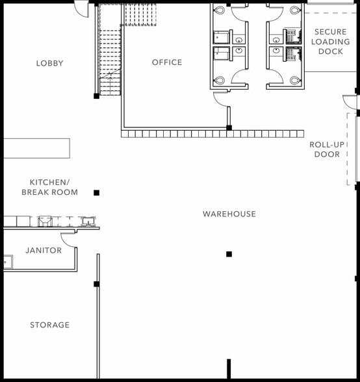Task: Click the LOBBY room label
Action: point(50,64)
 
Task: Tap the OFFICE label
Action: point(167,62)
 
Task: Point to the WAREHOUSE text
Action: point(229,214)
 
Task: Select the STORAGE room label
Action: point(50,325)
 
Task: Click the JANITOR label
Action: point(44,250)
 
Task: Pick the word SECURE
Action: point(331,32)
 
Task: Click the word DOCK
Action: point(331,51)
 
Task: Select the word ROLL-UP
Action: point(327,144)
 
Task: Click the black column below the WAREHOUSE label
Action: point(229,255)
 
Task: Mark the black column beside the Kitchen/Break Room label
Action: point(97,193)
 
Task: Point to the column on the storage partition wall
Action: point(97,284)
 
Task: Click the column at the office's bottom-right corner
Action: point(229,127)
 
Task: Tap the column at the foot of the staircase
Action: point(97,96)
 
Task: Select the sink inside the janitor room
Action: point(8,262)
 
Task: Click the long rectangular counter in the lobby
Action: point(36,148)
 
